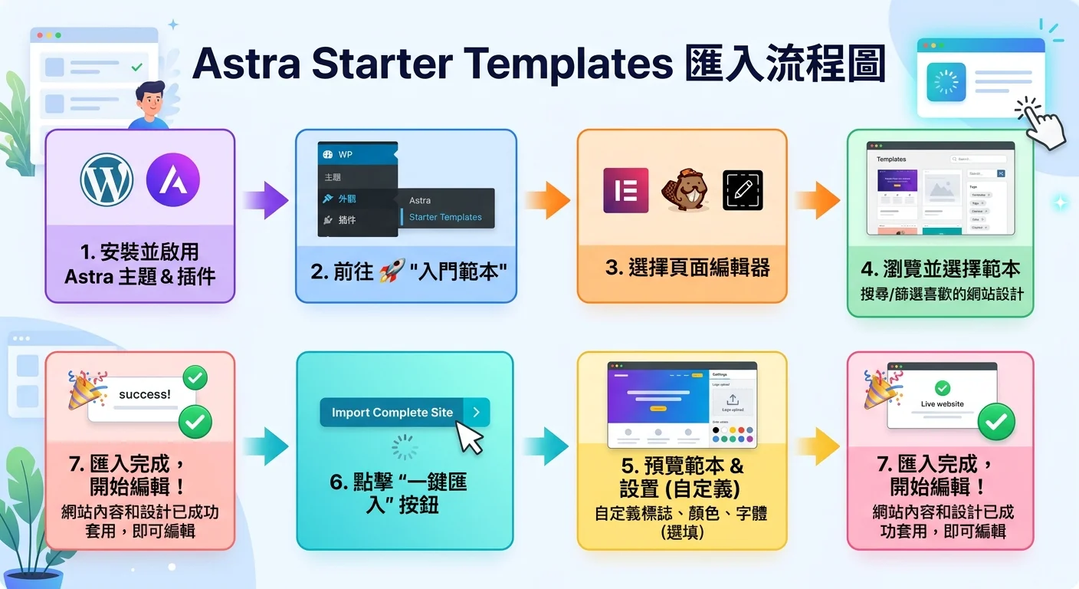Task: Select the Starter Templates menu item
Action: pos(445,217)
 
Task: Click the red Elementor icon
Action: pos(625,190)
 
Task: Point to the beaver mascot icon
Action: pos(684,190)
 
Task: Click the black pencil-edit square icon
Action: pos(743,190)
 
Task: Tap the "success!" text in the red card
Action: pos(145,394)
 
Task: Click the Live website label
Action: pos(942,404)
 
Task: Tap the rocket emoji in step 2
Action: pos(392,271)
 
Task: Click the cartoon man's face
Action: pos(150,98)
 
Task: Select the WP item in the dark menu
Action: pos(345,154)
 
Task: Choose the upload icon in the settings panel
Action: pos(732,400)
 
